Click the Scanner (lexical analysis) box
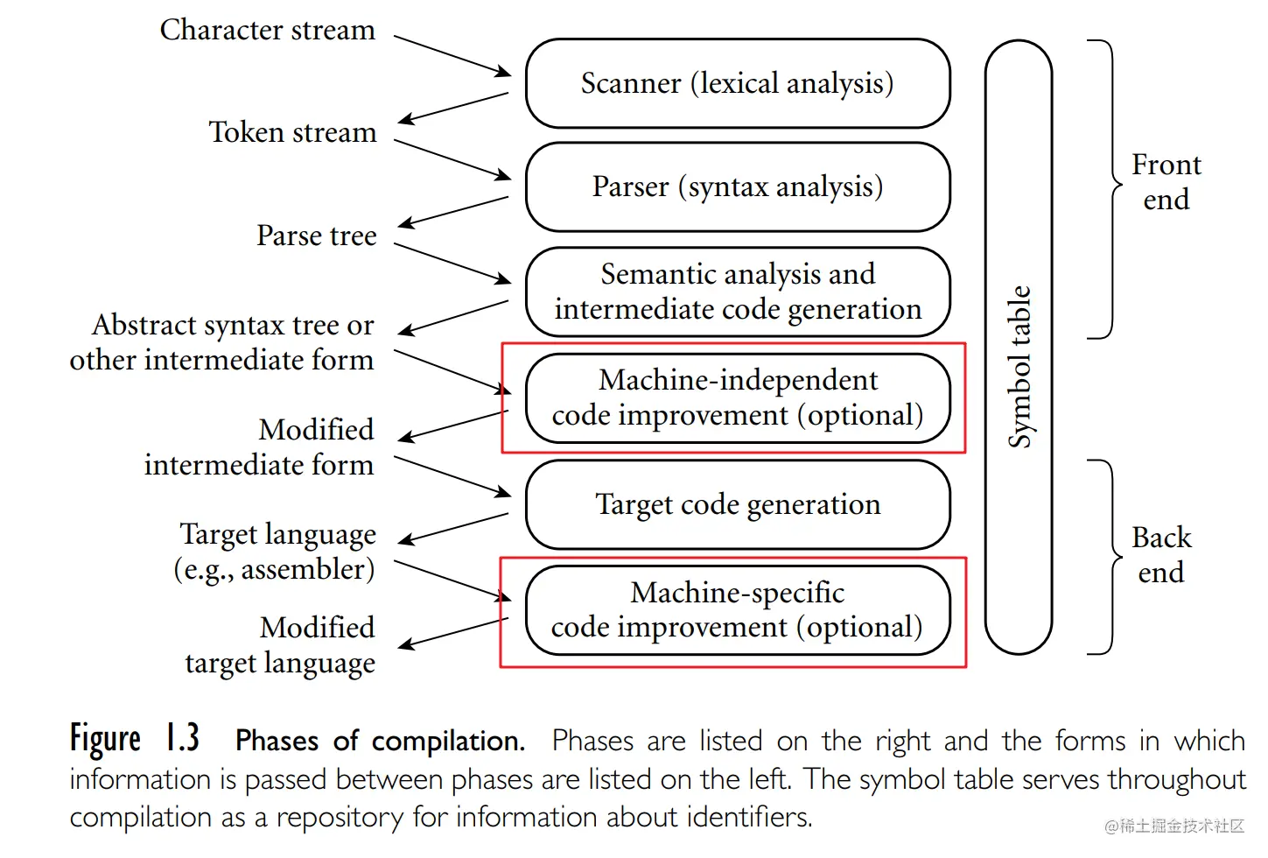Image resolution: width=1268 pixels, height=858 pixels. (x=738, y=83)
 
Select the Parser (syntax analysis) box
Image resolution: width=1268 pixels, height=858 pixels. (x=738, y=186)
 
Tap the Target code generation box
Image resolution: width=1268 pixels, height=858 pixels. (x=738, y=504)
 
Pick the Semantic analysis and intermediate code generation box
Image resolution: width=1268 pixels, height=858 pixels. (x=738, y=292)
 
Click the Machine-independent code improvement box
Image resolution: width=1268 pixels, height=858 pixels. (x=738, y=397)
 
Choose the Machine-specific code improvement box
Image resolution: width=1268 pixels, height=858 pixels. (x=738, y=610)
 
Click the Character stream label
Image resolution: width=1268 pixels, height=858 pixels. (x=267, y=30)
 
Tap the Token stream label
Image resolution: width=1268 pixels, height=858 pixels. (x=292, y=132)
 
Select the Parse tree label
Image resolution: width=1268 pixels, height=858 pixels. (x=316, y=236)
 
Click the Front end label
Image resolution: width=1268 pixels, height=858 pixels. (x=1166, y=182)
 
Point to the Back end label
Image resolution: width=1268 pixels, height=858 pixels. (x=1161, y=554)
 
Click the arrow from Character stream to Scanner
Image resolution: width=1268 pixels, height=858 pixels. (x=452, y=55)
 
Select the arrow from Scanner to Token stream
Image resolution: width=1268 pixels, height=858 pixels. (x=453, y=108)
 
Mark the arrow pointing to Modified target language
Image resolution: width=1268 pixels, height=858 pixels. (x=453, y=633)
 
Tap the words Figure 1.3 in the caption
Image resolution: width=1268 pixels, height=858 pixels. (x=135, y=739)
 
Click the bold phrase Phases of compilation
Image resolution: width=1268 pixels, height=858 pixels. (x=380, y=741)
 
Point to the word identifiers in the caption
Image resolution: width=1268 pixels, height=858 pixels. (x=749, y=817)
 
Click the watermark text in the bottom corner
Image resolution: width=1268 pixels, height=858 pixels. (x=1173, y=826)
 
